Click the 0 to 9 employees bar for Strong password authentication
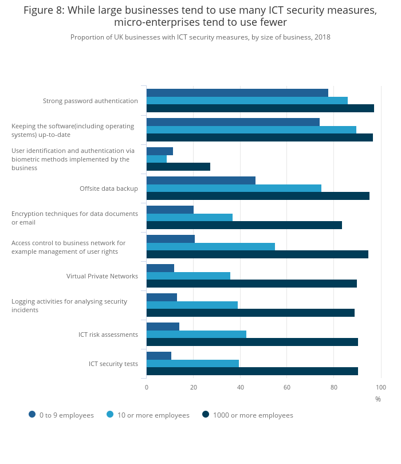click(237, 93)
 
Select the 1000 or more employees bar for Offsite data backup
click(258, 195)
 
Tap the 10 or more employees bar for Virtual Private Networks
click(188, 276)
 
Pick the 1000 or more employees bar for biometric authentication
click(178, 167)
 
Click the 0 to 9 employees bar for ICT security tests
click(159, 356)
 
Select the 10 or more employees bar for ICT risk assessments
click(196, 334)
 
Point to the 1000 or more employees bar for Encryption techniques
click(244, 225)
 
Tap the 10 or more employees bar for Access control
click(211, 246)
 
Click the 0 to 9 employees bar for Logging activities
click(162, 297)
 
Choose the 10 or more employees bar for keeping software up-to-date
click(251, 129)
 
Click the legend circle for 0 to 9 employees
click(32, 414)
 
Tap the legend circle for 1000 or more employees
click(206, 414)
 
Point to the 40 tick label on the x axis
click(240, 387)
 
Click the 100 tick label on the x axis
click(380, 387)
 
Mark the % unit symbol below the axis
click(378, 399)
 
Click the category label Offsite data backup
click(108, 188)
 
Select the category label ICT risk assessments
click(108, 335)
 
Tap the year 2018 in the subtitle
click(321, 37)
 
